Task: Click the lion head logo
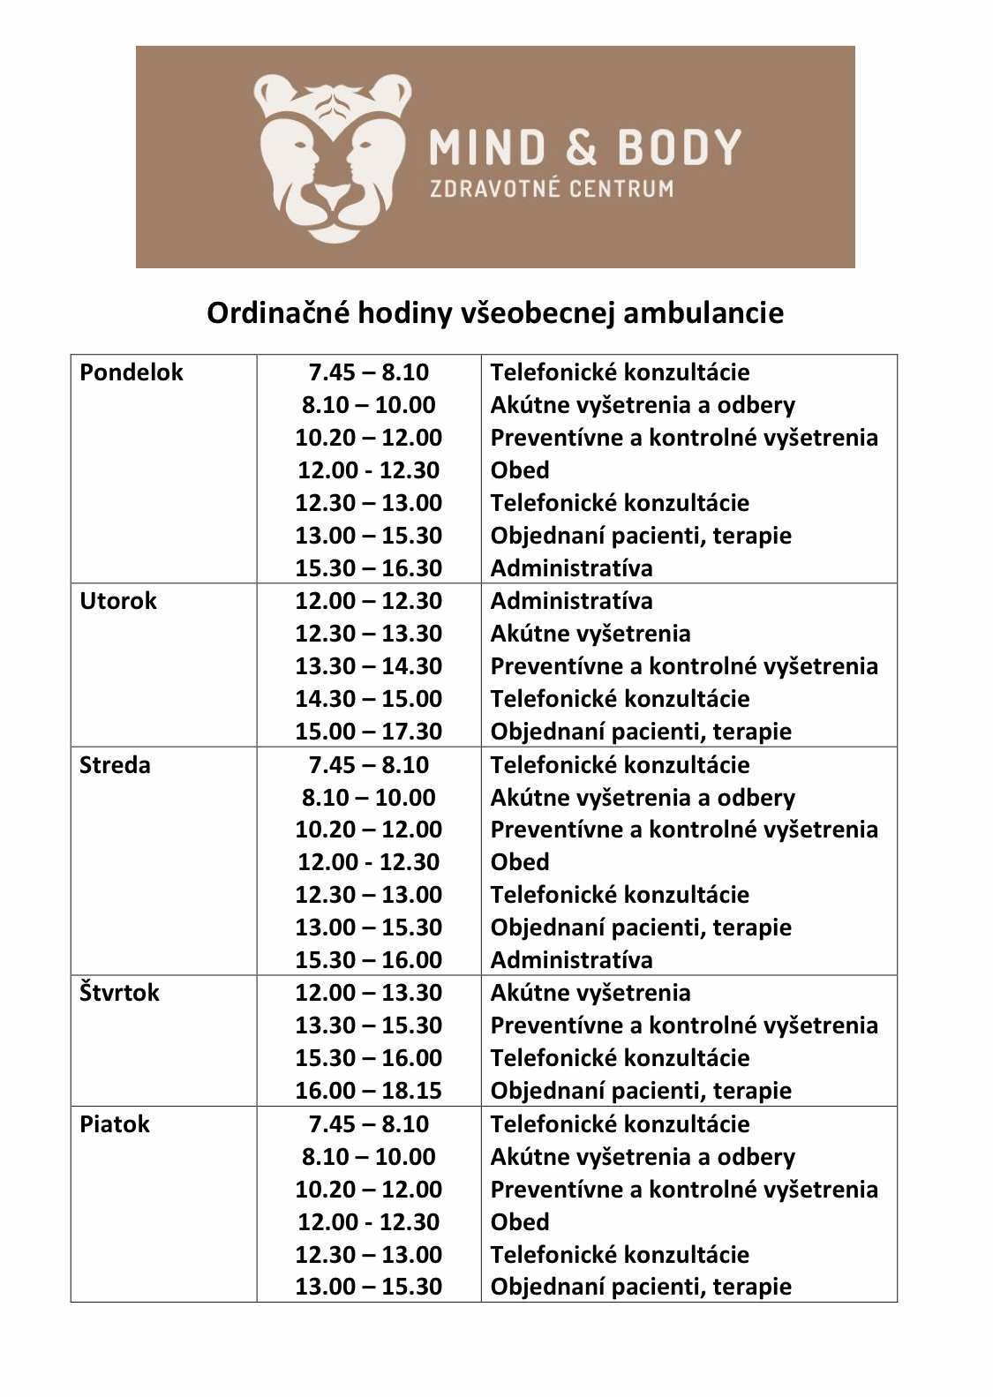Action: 331,157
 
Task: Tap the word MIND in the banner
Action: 487,147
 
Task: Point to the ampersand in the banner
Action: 581,147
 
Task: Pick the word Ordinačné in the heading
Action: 277,312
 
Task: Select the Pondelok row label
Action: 131,372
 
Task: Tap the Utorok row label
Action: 118,601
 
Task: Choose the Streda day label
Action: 115,765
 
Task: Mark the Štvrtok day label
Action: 119,993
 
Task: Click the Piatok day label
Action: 115,1124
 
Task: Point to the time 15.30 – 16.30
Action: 368,568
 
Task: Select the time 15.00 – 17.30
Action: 368,732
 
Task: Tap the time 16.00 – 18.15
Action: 368,1091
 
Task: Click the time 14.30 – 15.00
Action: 368,699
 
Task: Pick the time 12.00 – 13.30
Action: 368,993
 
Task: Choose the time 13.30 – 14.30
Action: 368,666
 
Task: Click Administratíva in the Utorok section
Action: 571,601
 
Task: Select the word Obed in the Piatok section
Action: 520,1222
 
